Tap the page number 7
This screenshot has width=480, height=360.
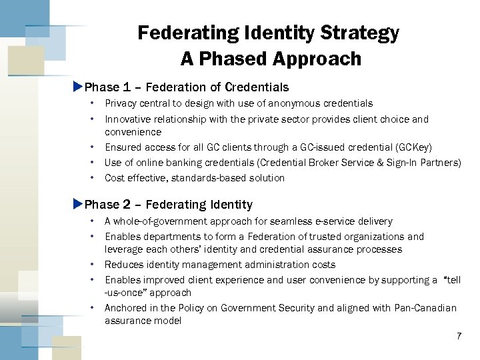pos(459,336)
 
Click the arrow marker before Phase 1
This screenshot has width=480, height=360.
pos(77,87)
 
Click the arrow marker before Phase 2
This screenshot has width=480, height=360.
pos(77,204)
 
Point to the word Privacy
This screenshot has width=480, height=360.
pos(121,103)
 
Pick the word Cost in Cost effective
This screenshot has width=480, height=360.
pos(115,178)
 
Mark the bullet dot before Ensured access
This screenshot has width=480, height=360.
pos(92,147)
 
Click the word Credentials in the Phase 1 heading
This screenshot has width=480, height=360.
pos(257,87)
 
